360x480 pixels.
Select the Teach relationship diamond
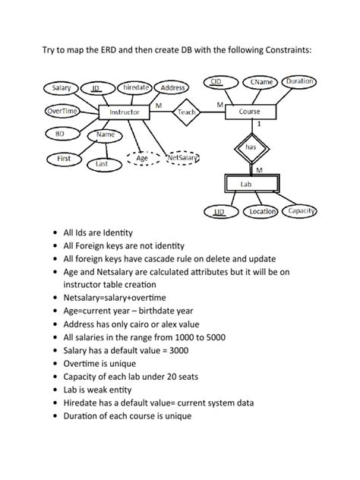(185, 112)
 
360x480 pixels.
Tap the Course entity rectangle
(249, 112)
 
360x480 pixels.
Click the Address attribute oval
(174, 88)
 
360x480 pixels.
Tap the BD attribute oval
(59, 134)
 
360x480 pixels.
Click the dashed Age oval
(141, 158)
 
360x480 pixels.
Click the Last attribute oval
(102, 163)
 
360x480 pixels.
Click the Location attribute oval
(262, 212)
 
